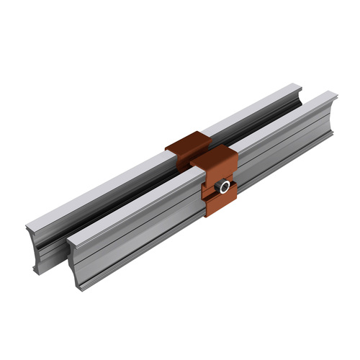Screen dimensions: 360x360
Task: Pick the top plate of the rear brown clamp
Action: [x=186, y=143]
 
